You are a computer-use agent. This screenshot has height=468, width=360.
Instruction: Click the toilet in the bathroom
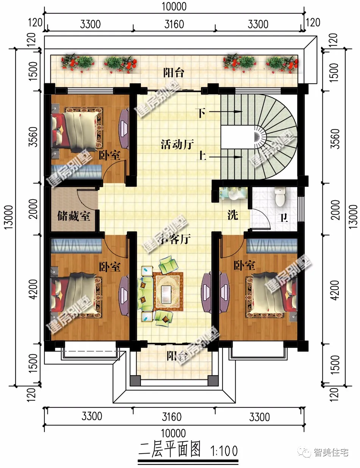tap(280, 197)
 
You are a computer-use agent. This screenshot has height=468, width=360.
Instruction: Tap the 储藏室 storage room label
tap(74, 216)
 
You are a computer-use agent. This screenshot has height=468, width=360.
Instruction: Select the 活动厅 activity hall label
tap(177, 144)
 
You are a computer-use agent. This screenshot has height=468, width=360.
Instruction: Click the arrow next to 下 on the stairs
tap(225, 112)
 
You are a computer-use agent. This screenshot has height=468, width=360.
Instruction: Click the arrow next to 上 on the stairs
tap(225, 157)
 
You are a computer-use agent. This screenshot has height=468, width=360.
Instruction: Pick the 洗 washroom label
tap(233, 215)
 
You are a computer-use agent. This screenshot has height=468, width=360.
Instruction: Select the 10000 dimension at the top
tap(174, 6)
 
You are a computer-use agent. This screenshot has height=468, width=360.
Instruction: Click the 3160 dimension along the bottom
tap(172, 417)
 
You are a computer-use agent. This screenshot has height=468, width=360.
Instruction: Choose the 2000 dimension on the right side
tap(335, 210)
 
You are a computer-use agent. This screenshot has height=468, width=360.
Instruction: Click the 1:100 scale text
tap(224, 450)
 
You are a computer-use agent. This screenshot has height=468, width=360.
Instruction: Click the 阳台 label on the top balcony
tap(174, 73)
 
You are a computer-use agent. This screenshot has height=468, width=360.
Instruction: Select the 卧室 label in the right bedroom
tap(244, 265)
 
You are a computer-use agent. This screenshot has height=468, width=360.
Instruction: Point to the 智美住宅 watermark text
tap(331, 452)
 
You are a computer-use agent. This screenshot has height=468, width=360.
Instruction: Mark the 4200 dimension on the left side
tap(34, 289)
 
